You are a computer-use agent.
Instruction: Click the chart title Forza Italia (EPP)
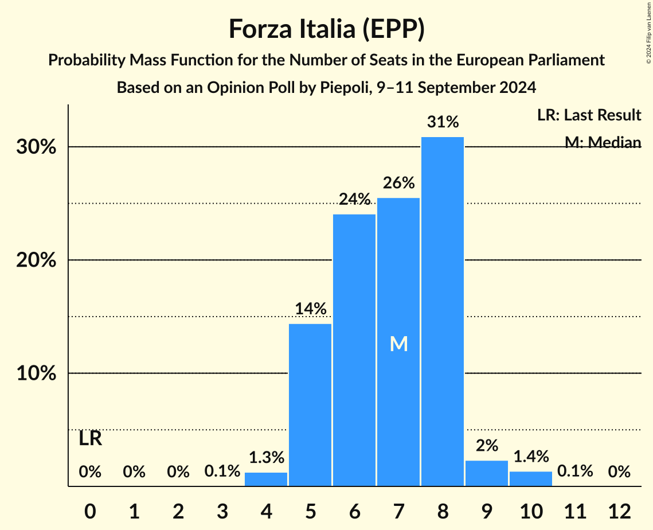point(326,29)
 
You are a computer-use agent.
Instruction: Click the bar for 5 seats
point(310,405)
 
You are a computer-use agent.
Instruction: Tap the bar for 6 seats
point(354,350)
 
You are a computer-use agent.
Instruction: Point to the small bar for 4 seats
point(266,480)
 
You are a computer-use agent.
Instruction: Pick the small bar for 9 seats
point(486,474)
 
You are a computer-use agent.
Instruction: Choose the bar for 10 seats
point(530,479)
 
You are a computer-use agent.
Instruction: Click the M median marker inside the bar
point(398,344)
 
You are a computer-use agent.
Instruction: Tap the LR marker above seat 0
point(90,439)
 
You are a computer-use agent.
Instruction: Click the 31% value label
point(443,122)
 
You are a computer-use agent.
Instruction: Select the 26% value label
point(398,183)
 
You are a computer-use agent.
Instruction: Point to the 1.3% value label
point(266,458)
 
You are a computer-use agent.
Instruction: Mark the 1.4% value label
point(530,457)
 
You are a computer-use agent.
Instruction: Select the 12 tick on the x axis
point(619,510)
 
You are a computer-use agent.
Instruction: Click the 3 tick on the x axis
point(222,510)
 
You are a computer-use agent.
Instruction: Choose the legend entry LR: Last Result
point(589,115)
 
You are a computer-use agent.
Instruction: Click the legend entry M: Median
point(603,142)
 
